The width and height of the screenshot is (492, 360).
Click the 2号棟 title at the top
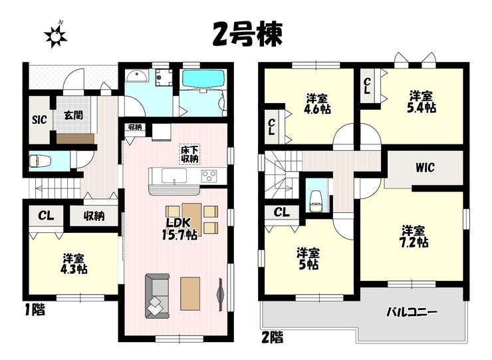[247, 34]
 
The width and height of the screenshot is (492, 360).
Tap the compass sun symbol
[56, 35]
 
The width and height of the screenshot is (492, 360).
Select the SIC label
[39, 120]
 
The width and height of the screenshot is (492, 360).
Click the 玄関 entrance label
[74, 115]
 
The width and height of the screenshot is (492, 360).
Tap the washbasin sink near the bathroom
[137, 76]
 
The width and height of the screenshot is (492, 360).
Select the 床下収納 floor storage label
[190, 154]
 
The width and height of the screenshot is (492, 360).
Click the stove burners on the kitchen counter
[209, 175]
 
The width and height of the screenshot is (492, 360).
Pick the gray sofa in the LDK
[157, 295]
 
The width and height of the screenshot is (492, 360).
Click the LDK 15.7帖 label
[179, 229]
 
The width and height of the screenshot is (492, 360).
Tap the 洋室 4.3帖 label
[74, 264]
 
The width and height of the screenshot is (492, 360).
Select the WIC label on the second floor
[426, 168]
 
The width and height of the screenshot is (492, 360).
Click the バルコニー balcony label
[412, 312]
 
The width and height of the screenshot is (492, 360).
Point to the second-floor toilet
[316, 199]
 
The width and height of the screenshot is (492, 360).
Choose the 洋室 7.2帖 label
[415, 236]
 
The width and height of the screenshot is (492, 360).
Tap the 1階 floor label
[35, 309]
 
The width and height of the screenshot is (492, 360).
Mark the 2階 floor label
[273, 337]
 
